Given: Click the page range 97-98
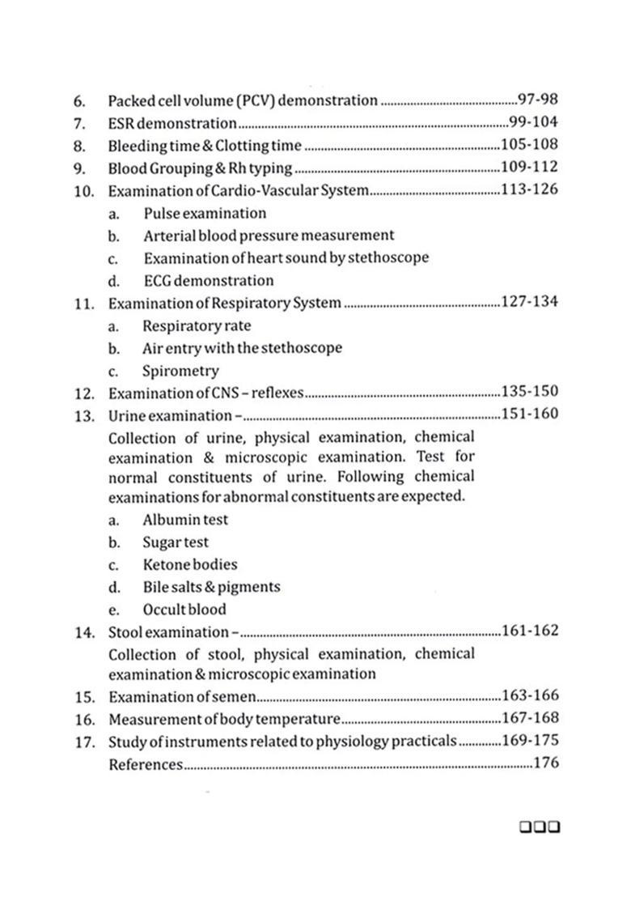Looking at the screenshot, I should coord(538,100).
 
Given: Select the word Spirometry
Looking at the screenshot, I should coord(180,371).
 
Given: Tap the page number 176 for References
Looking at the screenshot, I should coord(546,763).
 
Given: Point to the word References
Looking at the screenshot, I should coord(146,764).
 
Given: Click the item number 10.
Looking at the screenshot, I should coord(84,191).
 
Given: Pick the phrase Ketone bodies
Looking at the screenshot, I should coord(190,564).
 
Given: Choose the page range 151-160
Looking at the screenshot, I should coord(530,414).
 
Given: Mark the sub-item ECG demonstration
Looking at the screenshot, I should coord(209,281).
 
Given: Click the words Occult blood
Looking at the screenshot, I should coord(184,610).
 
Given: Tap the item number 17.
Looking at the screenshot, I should coord(84,742).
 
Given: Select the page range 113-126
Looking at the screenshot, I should coord(530,191).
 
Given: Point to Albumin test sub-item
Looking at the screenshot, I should coord(185,520).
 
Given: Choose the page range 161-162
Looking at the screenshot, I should coord(530,631).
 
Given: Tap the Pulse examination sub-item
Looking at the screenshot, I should coord(205,214).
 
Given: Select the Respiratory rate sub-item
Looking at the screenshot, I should coord(197,325).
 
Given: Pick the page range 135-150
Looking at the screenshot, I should coord(530,393).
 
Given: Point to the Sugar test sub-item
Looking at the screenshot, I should coord(176,542).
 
